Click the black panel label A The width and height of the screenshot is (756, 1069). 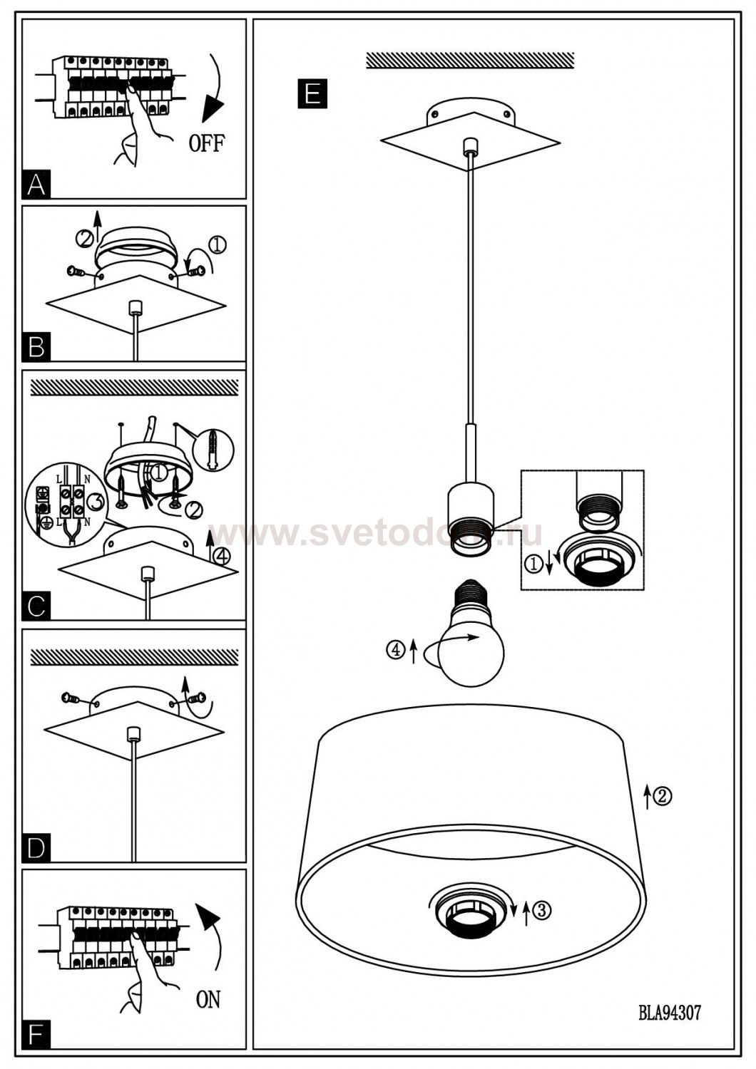(36, 184)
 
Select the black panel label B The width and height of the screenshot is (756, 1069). (36, 347)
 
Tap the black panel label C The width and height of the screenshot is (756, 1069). (36, 606)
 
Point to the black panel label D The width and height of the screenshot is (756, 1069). (36, 847)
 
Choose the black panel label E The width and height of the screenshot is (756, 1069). (312, 93)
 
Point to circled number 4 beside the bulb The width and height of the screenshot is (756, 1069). (395, 649)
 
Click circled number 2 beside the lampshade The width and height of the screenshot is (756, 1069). (663, 795)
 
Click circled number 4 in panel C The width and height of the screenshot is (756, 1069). (222, 555)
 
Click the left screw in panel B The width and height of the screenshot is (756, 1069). (76, 272)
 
